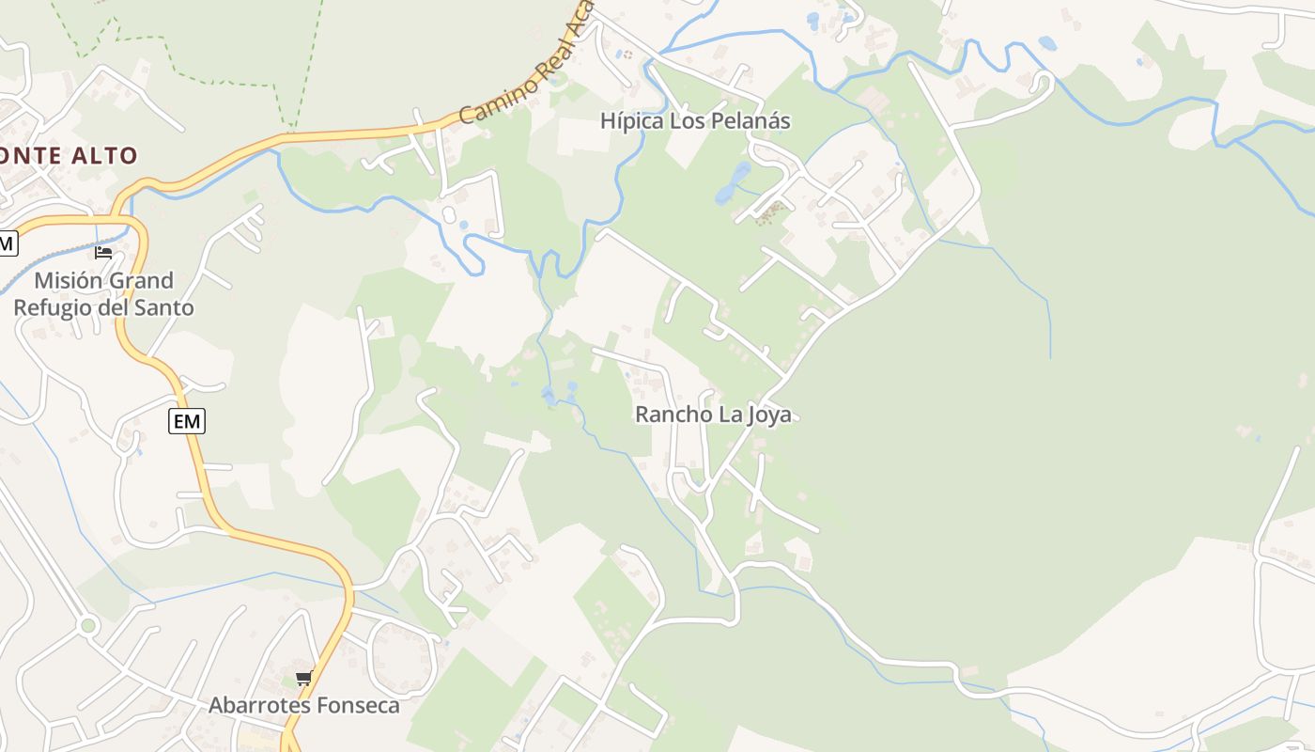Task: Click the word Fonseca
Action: click(x=358, y=705)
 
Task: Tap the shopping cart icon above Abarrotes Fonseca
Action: click(x=302, y=679)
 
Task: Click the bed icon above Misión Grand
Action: click(x=103, y=252)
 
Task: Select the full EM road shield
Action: click(x=187, y=421)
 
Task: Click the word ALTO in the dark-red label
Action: click(x=104, y=156)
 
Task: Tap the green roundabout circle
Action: click(x=88, y=625)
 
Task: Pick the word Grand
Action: click(x=142, y=280)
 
